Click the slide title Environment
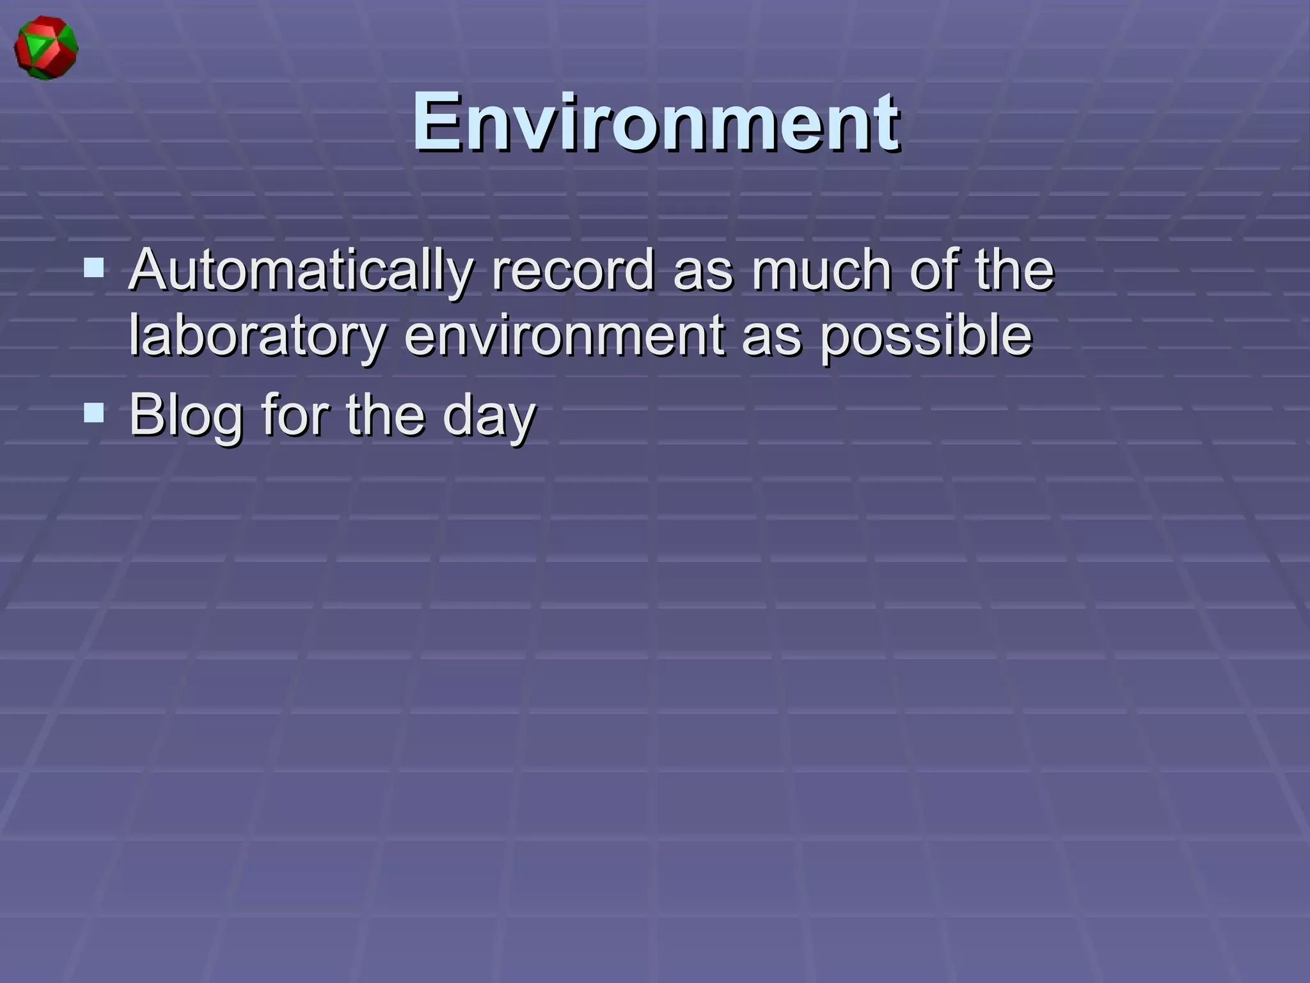click(655, 122)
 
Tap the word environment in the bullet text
click(563, 335)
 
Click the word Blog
click(185, 415)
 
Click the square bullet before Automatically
click(94, 267)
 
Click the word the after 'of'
click(1014, 270)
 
